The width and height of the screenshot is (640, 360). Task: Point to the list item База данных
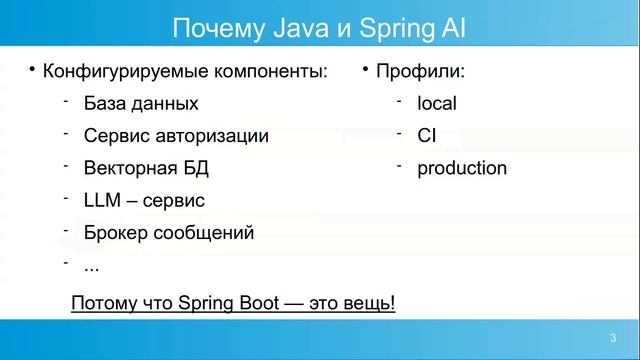[x=141, y=103]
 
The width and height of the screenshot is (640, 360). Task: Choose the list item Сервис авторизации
[x=176, y=135]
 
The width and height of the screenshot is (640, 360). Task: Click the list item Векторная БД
[x=146, y=168]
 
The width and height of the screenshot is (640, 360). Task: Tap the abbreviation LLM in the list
[x=102, y=200]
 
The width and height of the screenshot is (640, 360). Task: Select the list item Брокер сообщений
[x=168, y=233]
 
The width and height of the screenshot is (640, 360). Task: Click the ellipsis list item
[x=91, y=266]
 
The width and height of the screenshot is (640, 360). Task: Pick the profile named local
[x=437, y=103]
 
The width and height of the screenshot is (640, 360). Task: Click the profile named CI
[x=426, y=135]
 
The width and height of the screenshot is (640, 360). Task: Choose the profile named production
[x=462, y=168]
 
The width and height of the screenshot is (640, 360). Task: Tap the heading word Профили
[x=420, y=71]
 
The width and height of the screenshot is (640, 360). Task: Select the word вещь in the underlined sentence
[x=369, y=302]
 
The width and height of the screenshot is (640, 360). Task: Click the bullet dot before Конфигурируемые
[x=32, y=69]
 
